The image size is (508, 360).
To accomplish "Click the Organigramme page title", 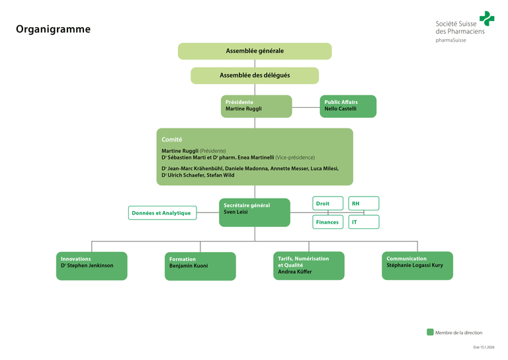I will coord(53,29).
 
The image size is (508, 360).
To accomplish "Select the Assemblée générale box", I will coord(255,51).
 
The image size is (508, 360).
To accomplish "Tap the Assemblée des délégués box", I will coord(255,75).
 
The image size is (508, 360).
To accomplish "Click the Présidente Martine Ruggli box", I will coord(256,106).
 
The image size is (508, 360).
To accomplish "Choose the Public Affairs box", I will coord(348,106).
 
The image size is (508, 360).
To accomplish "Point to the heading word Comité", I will coord(172,140).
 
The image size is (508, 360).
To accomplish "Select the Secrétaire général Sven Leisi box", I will coord(255,212).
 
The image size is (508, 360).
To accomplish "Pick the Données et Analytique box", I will coord(162,213).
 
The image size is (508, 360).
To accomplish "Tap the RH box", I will coord(363,204).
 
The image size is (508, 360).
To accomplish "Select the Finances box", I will coord(328,222).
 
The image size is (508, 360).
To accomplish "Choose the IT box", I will coord(363,222).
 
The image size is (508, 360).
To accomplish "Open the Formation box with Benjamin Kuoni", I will coord(200,266).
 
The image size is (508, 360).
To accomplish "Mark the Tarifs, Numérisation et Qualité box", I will coord(308,265).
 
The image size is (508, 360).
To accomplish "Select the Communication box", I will coord(417,265).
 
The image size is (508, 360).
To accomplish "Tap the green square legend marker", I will coord(430,332).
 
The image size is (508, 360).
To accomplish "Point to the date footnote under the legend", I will coord(484,347).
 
